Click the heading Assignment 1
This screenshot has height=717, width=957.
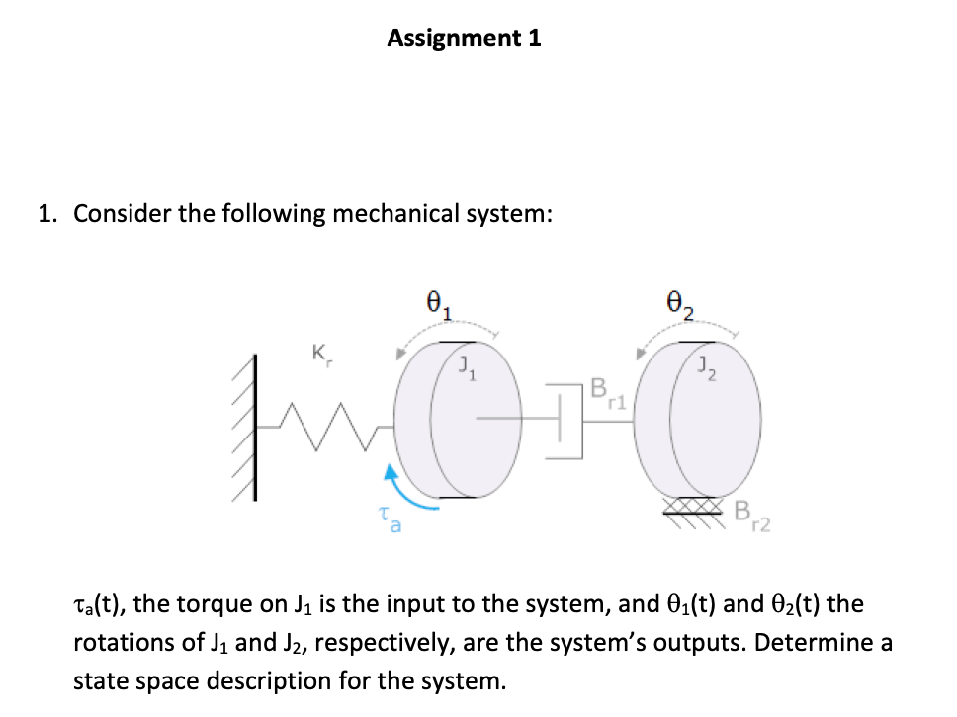click(464, 39)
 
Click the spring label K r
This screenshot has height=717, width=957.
click(318, 352)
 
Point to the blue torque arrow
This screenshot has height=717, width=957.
click(408, 494)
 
